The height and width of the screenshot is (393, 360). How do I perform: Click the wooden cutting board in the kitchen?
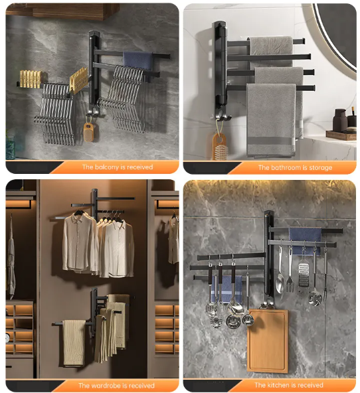coord(267,341)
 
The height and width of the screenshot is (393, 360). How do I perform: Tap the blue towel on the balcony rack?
coord(138,61)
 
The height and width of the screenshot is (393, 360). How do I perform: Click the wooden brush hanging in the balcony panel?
coord(88,132)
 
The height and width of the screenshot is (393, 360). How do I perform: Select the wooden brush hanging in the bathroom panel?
coord(221,147)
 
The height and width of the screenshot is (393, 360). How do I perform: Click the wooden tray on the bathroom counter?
coord(341,135)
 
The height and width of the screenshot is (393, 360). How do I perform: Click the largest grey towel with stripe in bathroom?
coord(271,121)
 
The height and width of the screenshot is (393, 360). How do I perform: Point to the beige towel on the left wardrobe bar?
coord(74,343)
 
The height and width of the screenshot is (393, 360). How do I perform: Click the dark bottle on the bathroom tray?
coord(340,120)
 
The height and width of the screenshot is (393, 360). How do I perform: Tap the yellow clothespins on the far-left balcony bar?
coord(31,79)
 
